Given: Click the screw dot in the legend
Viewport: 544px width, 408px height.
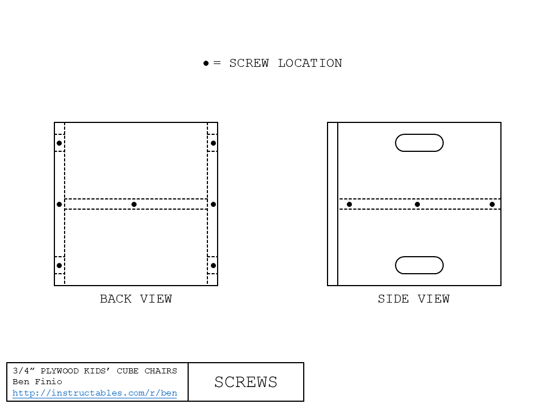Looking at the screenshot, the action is pos(206,63).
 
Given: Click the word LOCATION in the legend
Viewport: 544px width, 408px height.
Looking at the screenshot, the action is pos(310,63).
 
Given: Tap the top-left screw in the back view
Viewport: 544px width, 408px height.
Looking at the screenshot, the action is pos(59,143).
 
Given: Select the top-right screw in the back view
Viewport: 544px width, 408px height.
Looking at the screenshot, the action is pos(214,143).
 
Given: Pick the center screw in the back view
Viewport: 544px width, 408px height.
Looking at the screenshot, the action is pos(134,205).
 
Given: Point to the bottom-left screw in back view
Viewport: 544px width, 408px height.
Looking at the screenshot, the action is pos(59,265).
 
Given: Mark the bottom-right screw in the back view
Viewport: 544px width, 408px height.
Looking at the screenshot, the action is pos(214,265).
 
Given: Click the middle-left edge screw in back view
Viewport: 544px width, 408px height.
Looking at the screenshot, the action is pos(59,205).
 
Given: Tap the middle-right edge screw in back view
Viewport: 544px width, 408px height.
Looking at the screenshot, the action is pos(214,205).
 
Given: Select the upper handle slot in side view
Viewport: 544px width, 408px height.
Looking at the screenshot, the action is pos(419,134).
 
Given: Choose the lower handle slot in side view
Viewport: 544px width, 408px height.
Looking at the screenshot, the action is pos(419,257).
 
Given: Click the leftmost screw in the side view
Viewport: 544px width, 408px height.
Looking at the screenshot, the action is pos(350,205).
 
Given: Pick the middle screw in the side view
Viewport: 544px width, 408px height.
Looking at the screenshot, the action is pos(418,205).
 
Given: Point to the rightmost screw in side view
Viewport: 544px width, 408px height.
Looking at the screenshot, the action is pos(492,205).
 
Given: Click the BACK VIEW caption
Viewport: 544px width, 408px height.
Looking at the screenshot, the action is pos(136,299).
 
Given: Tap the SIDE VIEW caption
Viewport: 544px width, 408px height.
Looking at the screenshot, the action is pos(414,299).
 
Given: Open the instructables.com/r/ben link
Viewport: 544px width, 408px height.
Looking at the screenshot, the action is pos(95,393).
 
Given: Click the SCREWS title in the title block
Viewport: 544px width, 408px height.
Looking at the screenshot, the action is pos(245,382).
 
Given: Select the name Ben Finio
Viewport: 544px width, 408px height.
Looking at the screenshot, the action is pos(37,381).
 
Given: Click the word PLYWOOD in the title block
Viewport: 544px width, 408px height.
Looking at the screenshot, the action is pos(59,371).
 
